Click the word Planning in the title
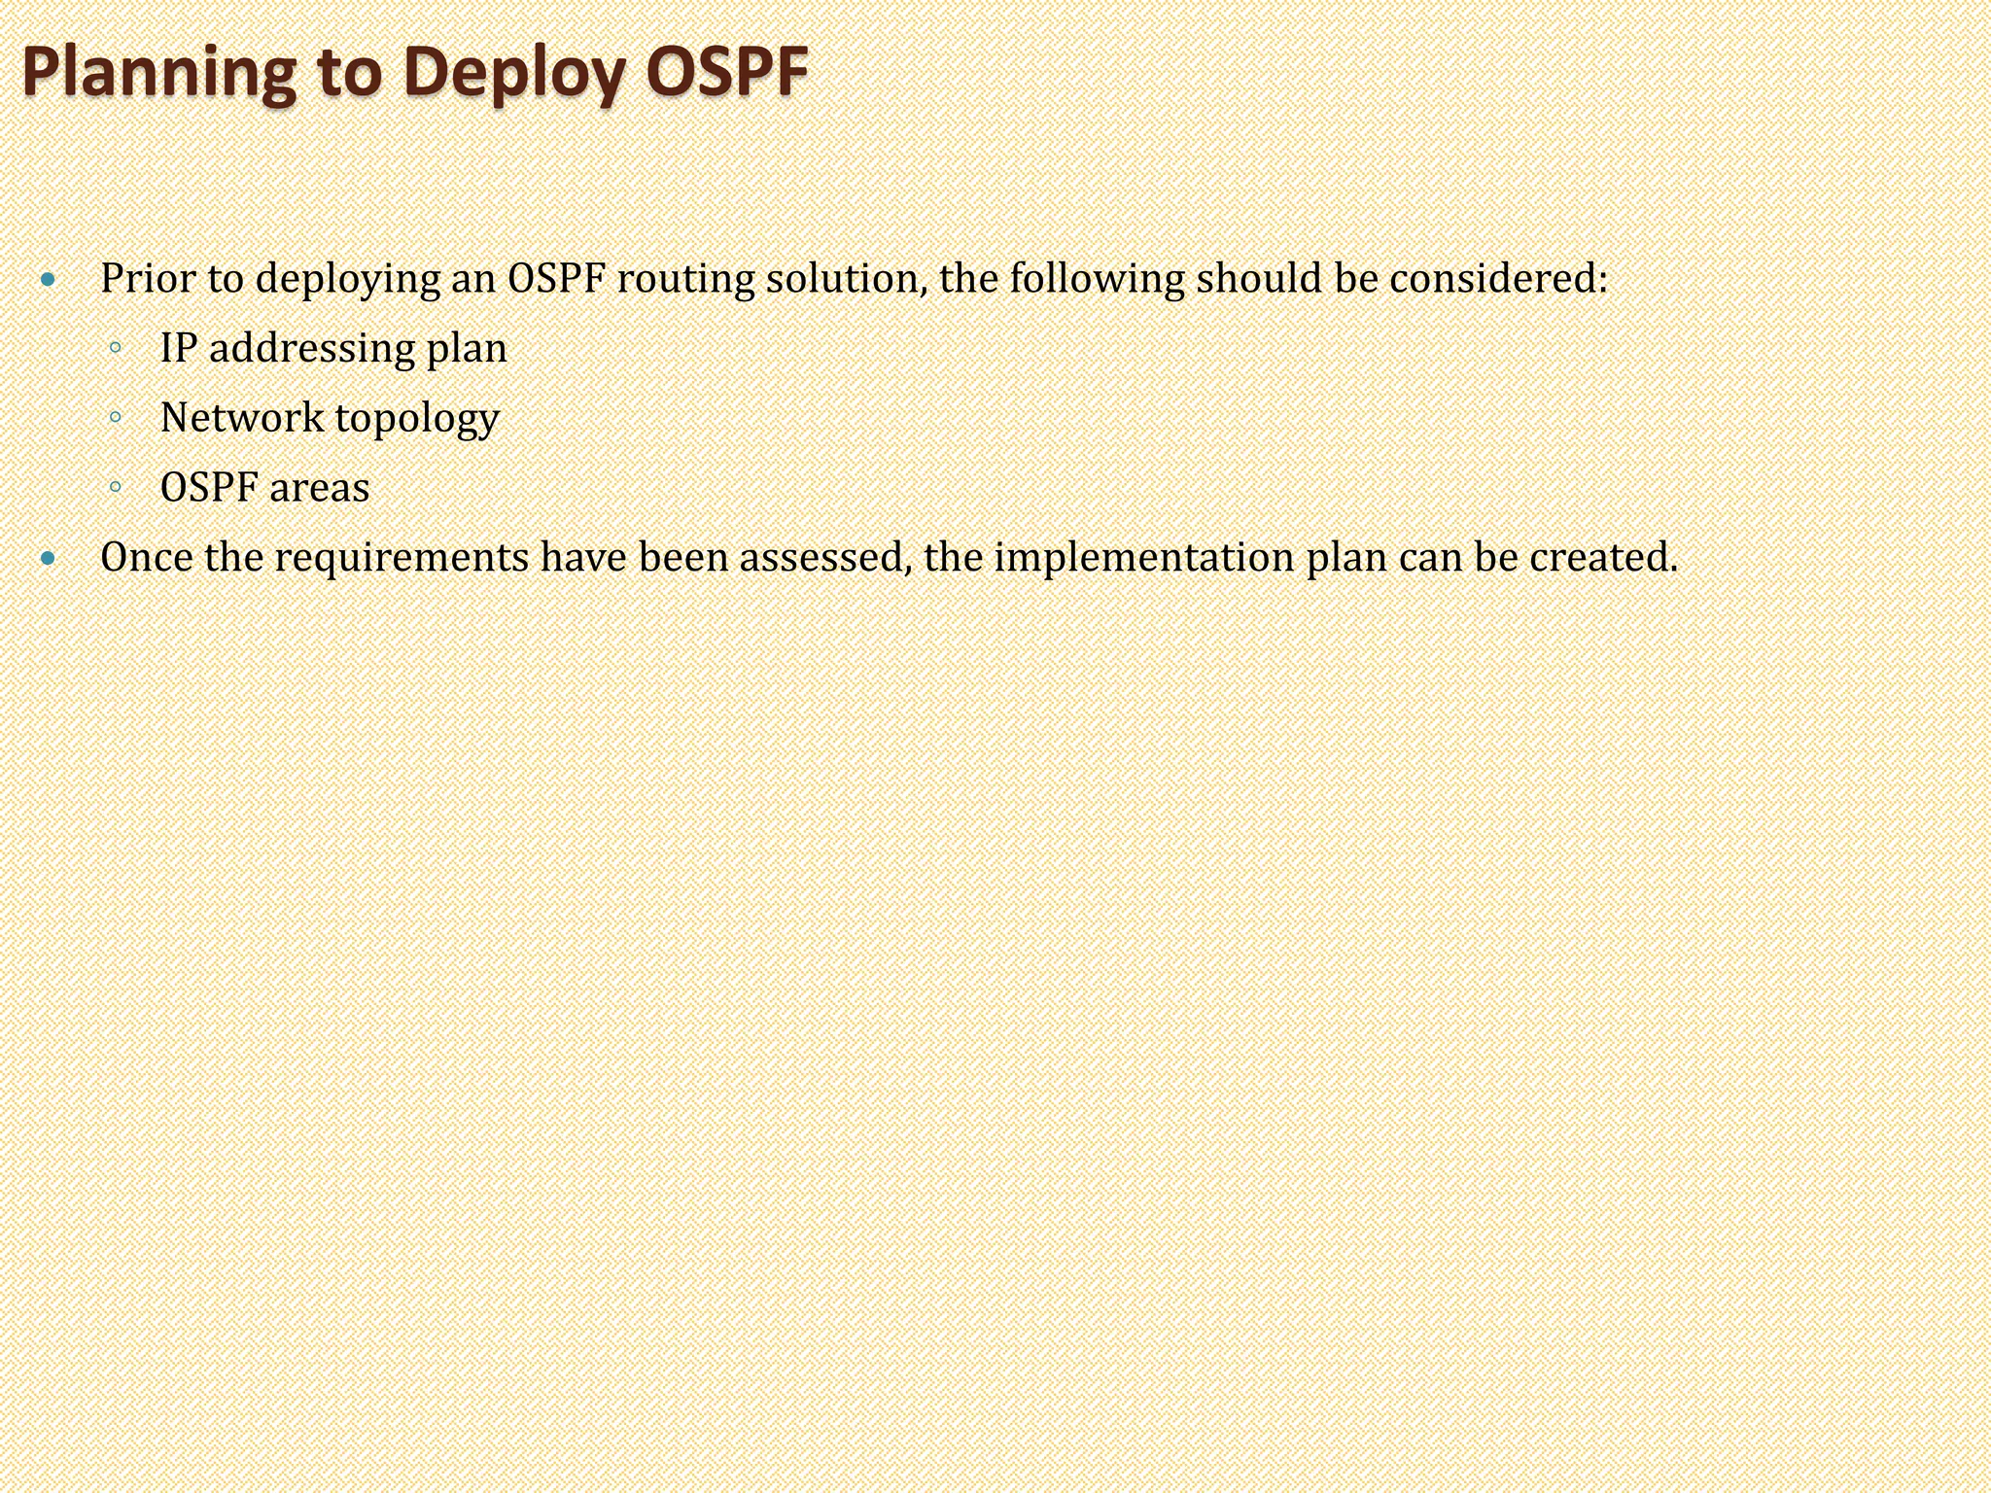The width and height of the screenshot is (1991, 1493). [x=158, y=73]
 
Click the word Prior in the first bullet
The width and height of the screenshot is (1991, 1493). [x=148, y=279]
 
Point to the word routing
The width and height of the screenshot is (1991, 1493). [x=684, y=279]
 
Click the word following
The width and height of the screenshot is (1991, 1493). [x=1096, y=279]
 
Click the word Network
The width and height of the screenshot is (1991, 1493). [x=242, y=418]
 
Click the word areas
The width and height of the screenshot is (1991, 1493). [x=319, y=488]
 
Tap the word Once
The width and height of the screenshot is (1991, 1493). [x=147, y=557]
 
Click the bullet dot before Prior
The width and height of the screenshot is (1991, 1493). [x=50, y=281]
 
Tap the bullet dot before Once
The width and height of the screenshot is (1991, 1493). [x=50, y=559]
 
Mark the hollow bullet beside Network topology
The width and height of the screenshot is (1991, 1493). [x=116, y=418]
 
